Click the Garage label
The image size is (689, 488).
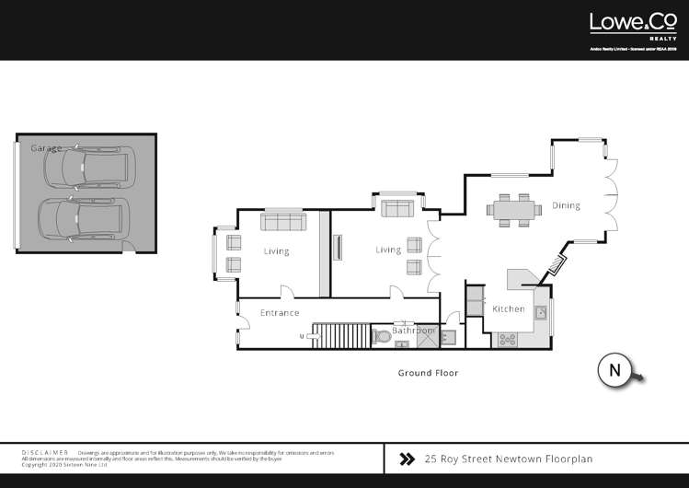coord(46,148)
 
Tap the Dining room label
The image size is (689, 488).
coord(566,205)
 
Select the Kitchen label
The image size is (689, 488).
coord(509,309)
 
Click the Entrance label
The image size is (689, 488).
coord(279,313)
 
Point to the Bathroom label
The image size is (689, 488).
coord(413,330)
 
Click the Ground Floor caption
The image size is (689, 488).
coord(428,373)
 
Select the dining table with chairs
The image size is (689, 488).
coord(514,209)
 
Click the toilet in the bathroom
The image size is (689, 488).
coord(384,336)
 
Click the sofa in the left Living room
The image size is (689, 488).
coord(283,222)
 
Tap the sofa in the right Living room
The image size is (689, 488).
coord(398,209)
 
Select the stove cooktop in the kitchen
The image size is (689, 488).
coord(508,340)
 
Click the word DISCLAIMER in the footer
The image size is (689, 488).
coord(45,453)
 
